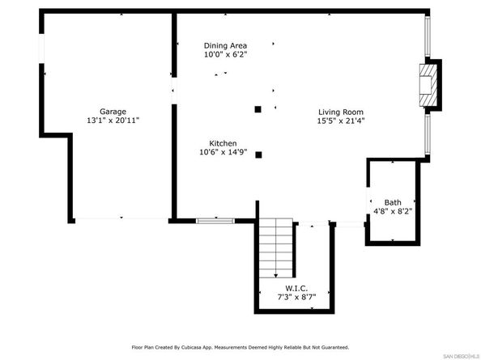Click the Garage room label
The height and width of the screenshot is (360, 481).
coord(113,111)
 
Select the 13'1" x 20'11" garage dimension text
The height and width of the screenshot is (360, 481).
coord(113,121)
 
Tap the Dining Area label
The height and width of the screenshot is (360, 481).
coord(224,45)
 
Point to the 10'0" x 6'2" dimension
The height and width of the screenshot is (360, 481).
coord(224,55)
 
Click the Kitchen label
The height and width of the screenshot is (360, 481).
coord(223,142)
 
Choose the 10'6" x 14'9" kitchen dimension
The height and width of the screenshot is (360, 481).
coord(223,152)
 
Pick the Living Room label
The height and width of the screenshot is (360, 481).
coord(340,112)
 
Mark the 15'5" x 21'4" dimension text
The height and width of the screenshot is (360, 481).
coord(340,121)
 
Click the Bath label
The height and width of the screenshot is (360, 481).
coord(393,202)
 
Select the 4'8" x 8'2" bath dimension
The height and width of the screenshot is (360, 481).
coord(393,212)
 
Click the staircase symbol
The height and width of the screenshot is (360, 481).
coord(275,251)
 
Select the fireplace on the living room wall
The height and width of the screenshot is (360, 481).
coord(430,84)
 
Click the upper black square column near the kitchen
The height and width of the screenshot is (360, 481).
coord(258,108)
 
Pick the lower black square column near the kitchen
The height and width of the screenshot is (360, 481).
coord(258,154)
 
